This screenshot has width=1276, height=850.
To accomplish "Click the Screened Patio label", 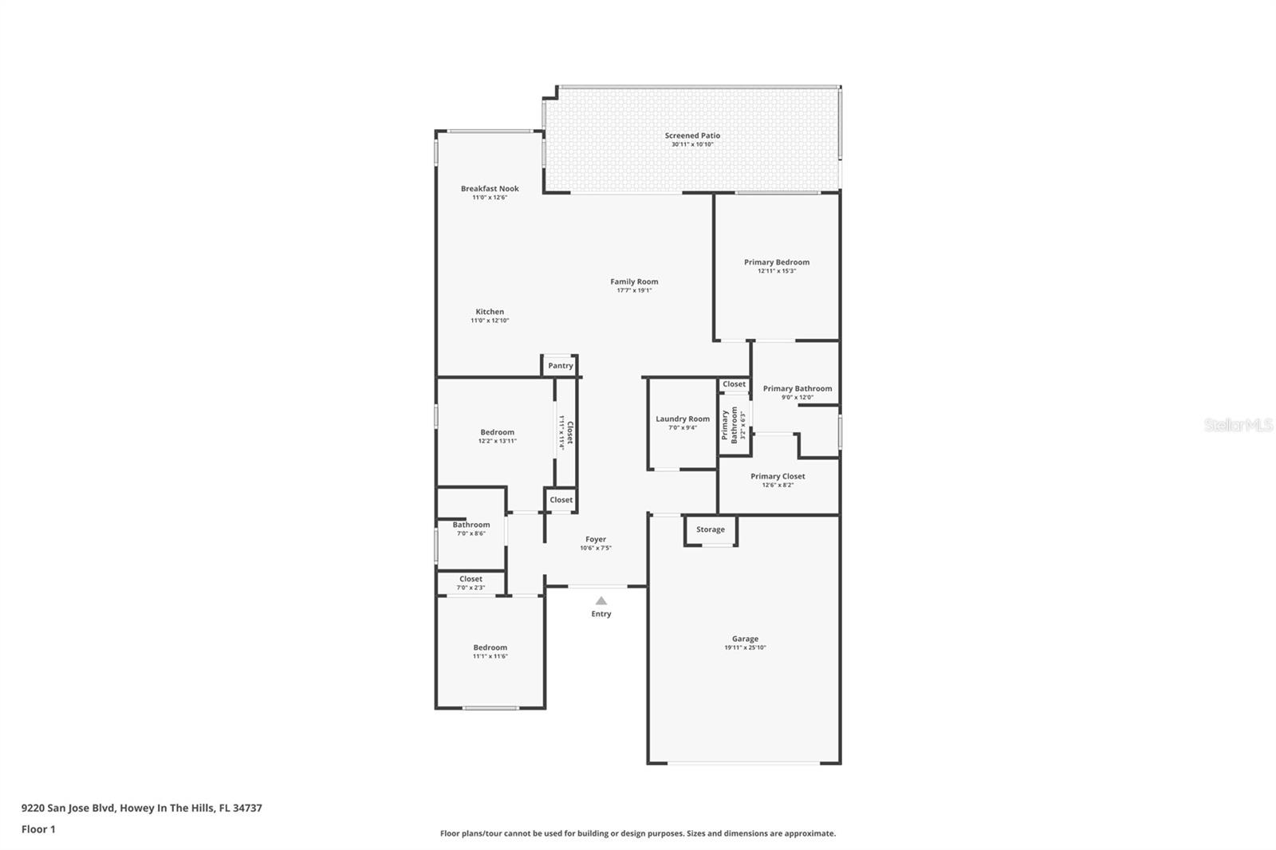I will (x=692, y=136).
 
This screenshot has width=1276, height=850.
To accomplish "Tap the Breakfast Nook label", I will (x=490, y=189).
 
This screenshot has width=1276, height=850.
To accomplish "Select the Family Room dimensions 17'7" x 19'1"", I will (x=634, y=291).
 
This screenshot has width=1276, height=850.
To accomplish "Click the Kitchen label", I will (x=490, y=312).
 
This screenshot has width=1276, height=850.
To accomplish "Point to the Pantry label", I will (x=561, y=366).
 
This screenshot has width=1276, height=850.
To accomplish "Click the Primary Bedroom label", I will (x=777, y=262).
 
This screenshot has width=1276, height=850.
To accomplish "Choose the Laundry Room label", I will (x=683, y=419).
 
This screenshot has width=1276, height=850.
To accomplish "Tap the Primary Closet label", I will (x=778, y=477).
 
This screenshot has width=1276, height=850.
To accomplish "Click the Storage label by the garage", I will (x=711, y=529).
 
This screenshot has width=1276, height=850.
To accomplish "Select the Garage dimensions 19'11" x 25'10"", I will (x=745, y=648).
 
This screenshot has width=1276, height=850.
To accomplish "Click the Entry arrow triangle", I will (x=601, y=601).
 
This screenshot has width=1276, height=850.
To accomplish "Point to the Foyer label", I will (x=596, y=540).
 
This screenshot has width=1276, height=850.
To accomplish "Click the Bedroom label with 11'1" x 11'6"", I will (x=490, y=647).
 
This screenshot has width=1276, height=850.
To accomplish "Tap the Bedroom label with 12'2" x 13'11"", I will (x=497, y=432).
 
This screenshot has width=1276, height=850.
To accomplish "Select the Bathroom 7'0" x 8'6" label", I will (x=471, y=525).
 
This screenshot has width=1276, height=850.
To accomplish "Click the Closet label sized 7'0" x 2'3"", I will (x=471, y=579).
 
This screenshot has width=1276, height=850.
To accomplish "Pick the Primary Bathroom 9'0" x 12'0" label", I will (x=797, y=389).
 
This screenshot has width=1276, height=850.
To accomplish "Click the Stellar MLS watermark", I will (x=1238, y=426).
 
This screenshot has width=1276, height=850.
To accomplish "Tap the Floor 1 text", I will (x=38, y=829).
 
